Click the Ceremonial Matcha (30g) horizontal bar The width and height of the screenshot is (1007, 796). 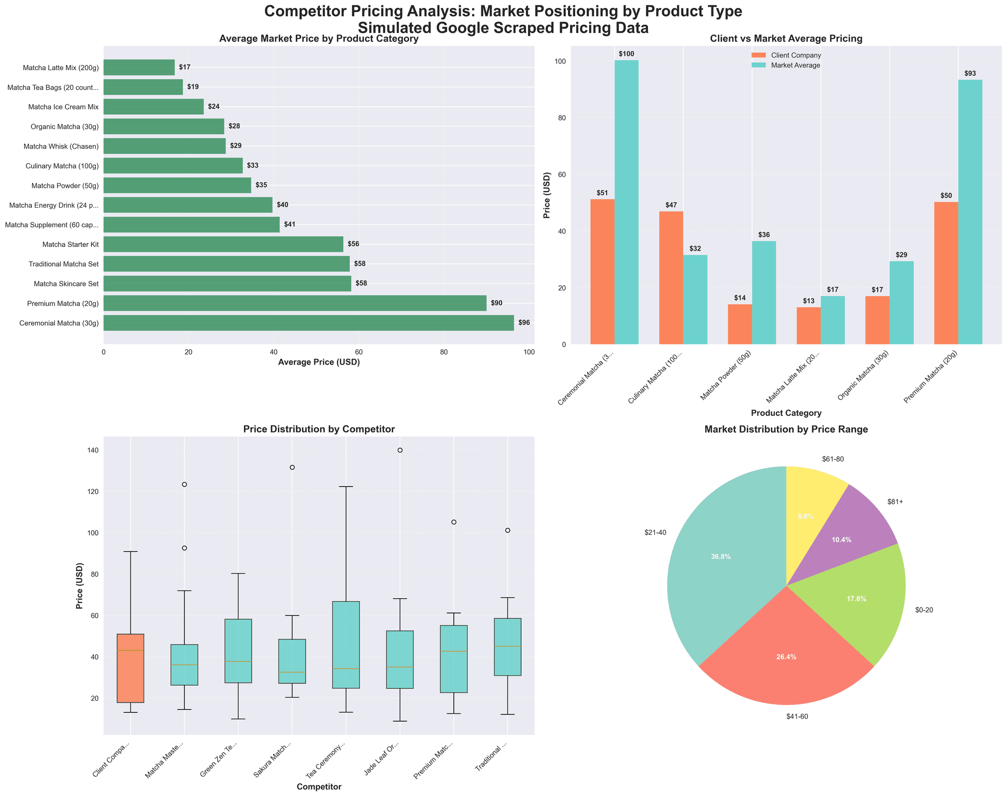[308, 323]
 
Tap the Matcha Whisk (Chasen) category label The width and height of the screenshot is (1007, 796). [61, 146]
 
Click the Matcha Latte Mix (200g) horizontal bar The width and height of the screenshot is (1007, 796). [139, 67]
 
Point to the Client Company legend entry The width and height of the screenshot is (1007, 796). [786, 56]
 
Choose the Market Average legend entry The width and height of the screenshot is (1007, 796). [786, 65]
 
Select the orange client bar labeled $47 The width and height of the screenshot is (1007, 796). [671, 277]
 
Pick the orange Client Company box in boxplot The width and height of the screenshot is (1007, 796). [130, 668]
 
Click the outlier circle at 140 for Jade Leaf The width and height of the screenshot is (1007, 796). [400, 450]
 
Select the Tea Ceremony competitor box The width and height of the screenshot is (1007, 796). [346, 644]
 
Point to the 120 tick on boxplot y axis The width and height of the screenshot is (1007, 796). [91, 491]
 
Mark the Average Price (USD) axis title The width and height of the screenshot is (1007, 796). [319, 363]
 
